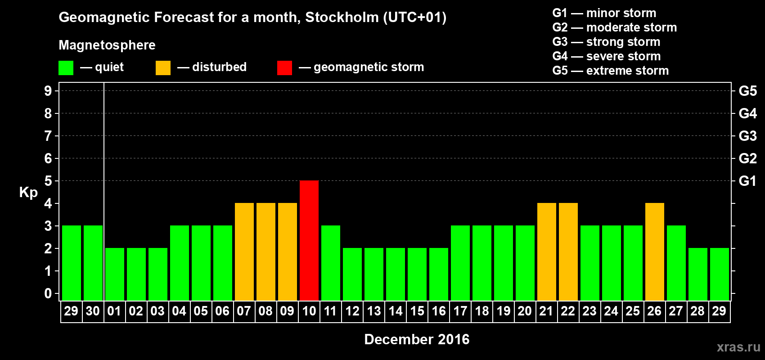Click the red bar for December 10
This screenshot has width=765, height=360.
(x=309, y=240)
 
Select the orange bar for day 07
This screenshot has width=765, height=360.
(x=244, y=252)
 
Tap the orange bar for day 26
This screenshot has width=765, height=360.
(x=655, y=252)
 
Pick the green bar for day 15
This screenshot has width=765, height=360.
(x=417, y=274)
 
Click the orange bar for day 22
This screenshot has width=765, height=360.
(x=568, y=252)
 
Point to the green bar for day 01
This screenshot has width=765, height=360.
(x=115, y=274)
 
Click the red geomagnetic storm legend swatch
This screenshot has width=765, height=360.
(x=284, y=68)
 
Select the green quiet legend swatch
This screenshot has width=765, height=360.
(x=66, y=68)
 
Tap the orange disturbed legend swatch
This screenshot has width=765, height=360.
(x=163, y=68)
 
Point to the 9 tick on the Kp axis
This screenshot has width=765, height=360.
(x=48, y=91)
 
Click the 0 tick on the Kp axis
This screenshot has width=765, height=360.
(x=48, y=293)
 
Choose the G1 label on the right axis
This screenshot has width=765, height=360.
(x=747, y=181)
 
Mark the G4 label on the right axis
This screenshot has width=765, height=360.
(x=747, y=113)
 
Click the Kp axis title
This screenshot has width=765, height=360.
(x=28, y=192)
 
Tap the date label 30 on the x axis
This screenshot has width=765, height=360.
(x=93, y=311)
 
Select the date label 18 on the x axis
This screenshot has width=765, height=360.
(x=481, y=311)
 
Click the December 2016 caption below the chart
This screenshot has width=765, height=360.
(x=417, y=339)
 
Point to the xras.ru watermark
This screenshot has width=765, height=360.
(x=738, y=347)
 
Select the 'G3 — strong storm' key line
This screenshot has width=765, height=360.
(x=606, y=42)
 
